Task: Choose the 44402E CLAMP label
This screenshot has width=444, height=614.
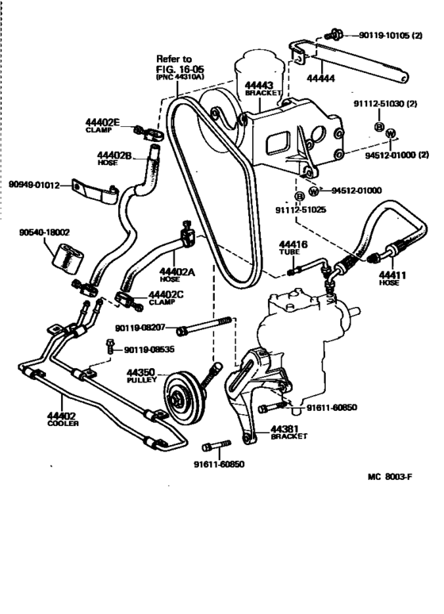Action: click(103, 125)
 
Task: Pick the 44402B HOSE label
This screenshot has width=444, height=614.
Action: click(114, 157)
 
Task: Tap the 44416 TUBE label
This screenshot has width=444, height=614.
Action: click(292, 249)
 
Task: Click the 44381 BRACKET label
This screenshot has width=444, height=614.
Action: click(288, 432)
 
